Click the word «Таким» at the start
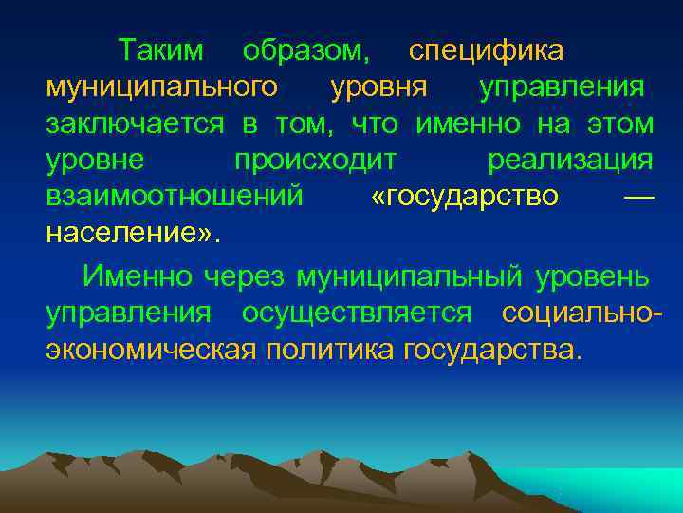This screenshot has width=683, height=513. click(167, 49)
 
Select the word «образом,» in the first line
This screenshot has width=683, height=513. click(306, 49)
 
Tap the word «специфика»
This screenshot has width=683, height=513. click(486, 49)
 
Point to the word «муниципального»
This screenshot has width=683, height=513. click(162, 87)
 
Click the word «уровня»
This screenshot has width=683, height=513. click(378, 87)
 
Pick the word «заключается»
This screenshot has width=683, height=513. click(135, 123)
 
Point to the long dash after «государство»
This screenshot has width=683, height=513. click(641, 197)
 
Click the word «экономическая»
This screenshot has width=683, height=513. click(152, 350)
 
